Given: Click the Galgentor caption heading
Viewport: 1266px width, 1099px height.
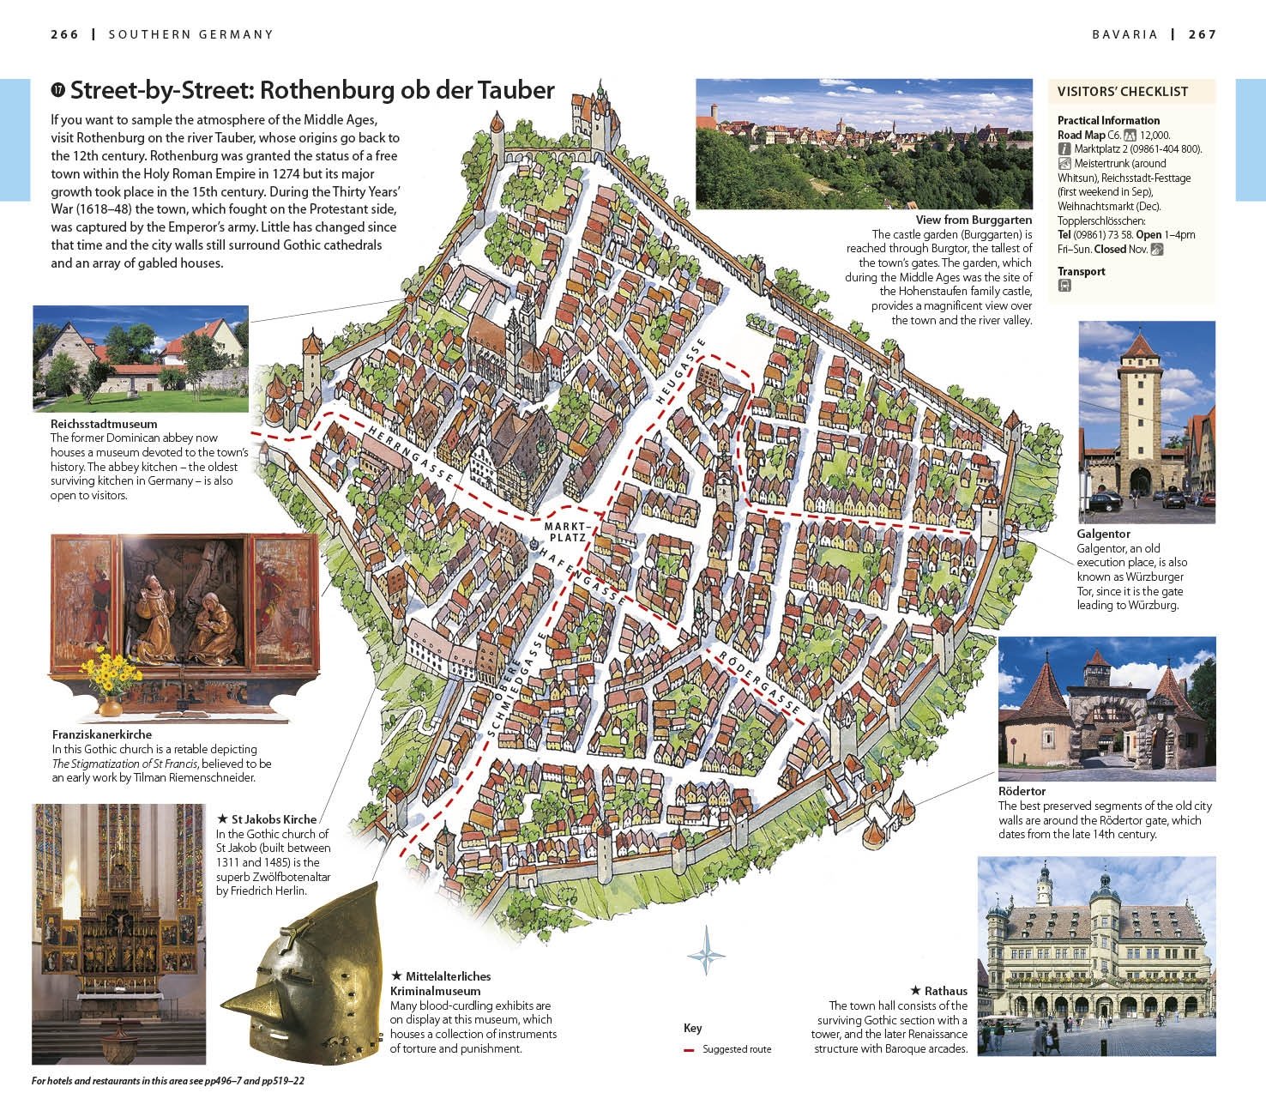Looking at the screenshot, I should click(x=1103, y=534).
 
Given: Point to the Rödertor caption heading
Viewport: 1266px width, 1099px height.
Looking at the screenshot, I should click(x=1022, y=791).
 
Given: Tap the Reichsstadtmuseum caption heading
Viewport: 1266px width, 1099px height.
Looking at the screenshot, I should click(x=104, y=424).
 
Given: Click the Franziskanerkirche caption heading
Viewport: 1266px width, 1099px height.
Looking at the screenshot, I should click(x=102, y=734).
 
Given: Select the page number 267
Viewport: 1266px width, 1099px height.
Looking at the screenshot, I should click(x=1203, y=34).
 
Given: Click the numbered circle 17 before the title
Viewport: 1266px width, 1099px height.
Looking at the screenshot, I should click(x=58, y=89).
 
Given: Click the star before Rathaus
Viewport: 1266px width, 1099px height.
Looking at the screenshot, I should click(x=916, y=991).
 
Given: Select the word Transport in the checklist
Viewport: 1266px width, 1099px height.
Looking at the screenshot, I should click(x=1081, y=271).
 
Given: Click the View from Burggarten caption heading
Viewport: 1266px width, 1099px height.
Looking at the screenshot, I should click(x=974, y=220).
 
